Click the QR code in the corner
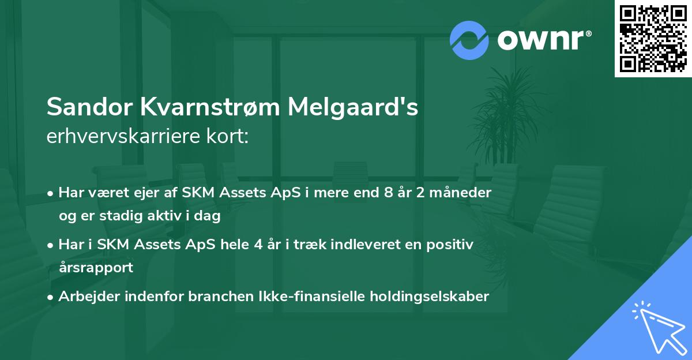coord(653,39)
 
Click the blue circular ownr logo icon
coord(469,40)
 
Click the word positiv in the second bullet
coord(452,245)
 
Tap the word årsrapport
coord(95,268)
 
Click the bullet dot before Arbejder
coord(51,297)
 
